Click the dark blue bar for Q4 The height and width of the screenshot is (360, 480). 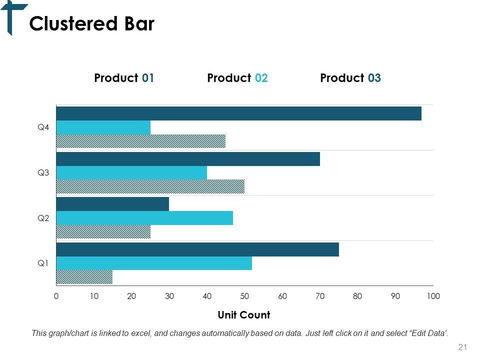click(x=238, y=113)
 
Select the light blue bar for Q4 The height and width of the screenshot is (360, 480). click(x=103, y=127)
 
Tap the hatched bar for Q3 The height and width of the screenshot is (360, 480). click(x=150, y=186)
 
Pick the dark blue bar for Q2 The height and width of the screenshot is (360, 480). click(x=112, y=204)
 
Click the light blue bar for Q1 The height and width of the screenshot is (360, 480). click(x=154, y=263)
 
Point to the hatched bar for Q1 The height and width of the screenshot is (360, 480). click(x=84, y=276)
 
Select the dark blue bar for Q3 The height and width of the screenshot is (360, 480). click(x=188, y=159)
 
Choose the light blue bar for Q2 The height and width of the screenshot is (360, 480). click(x=144, y=218)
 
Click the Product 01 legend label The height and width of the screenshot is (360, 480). click(x=124, y=78)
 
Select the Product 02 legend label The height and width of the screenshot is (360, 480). click(x=237, y=78)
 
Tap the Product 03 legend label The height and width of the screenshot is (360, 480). click(x=350, y=78)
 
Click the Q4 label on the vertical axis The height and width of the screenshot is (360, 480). click(x=43, y=127)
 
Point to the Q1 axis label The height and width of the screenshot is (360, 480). click(x=43, y=263)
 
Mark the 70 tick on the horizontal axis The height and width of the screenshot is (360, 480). click(x=320, y=296)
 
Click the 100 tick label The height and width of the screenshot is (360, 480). click(x=433, y=296)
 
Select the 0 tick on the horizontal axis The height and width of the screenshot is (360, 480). click(x=56, y=296)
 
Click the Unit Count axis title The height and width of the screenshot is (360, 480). click(x=244, y=315)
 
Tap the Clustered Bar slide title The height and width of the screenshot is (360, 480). click(x=92, y=24)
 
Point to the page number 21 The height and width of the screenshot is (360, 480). click(x=462, y=347)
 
